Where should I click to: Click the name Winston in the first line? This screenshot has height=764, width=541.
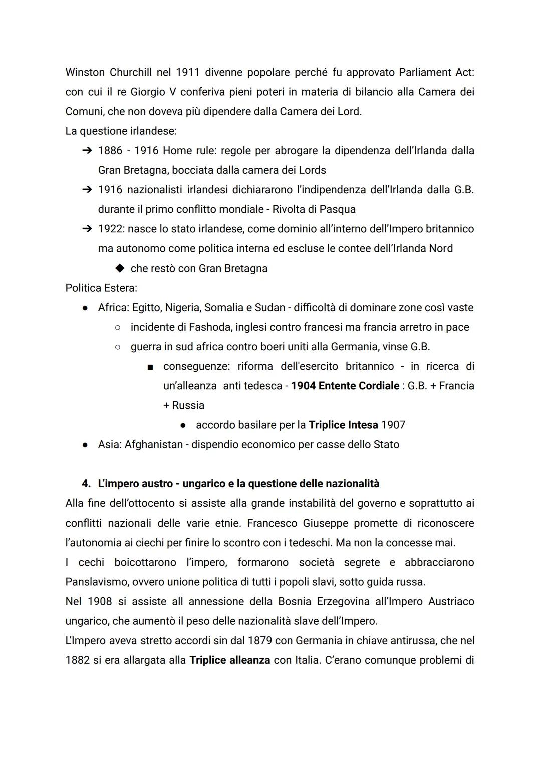tap(85, 72)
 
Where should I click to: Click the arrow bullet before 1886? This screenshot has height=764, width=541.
tap(87, 151)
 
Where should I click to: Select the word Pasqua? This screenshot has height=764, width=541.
tap(336, 209)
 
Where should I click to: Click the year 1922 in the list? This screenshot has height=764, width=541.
tap(110, 229)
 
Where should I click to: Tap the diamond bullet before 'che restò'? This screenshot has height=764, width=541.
tap(119, 268)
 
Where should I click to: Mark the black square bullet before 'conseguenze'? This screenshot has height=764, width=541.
tap(150, 367)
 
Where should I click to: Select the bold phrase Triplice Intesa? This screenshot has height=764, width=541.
tap(343, 425)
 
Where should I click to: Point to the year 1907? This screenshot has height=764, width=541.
tap(393, 425)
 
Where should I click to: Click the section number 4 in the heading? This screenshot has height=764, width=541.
tap(86, 484)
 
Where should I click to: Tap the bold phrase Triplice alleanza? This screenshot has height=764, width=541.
tap(230, 660)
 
